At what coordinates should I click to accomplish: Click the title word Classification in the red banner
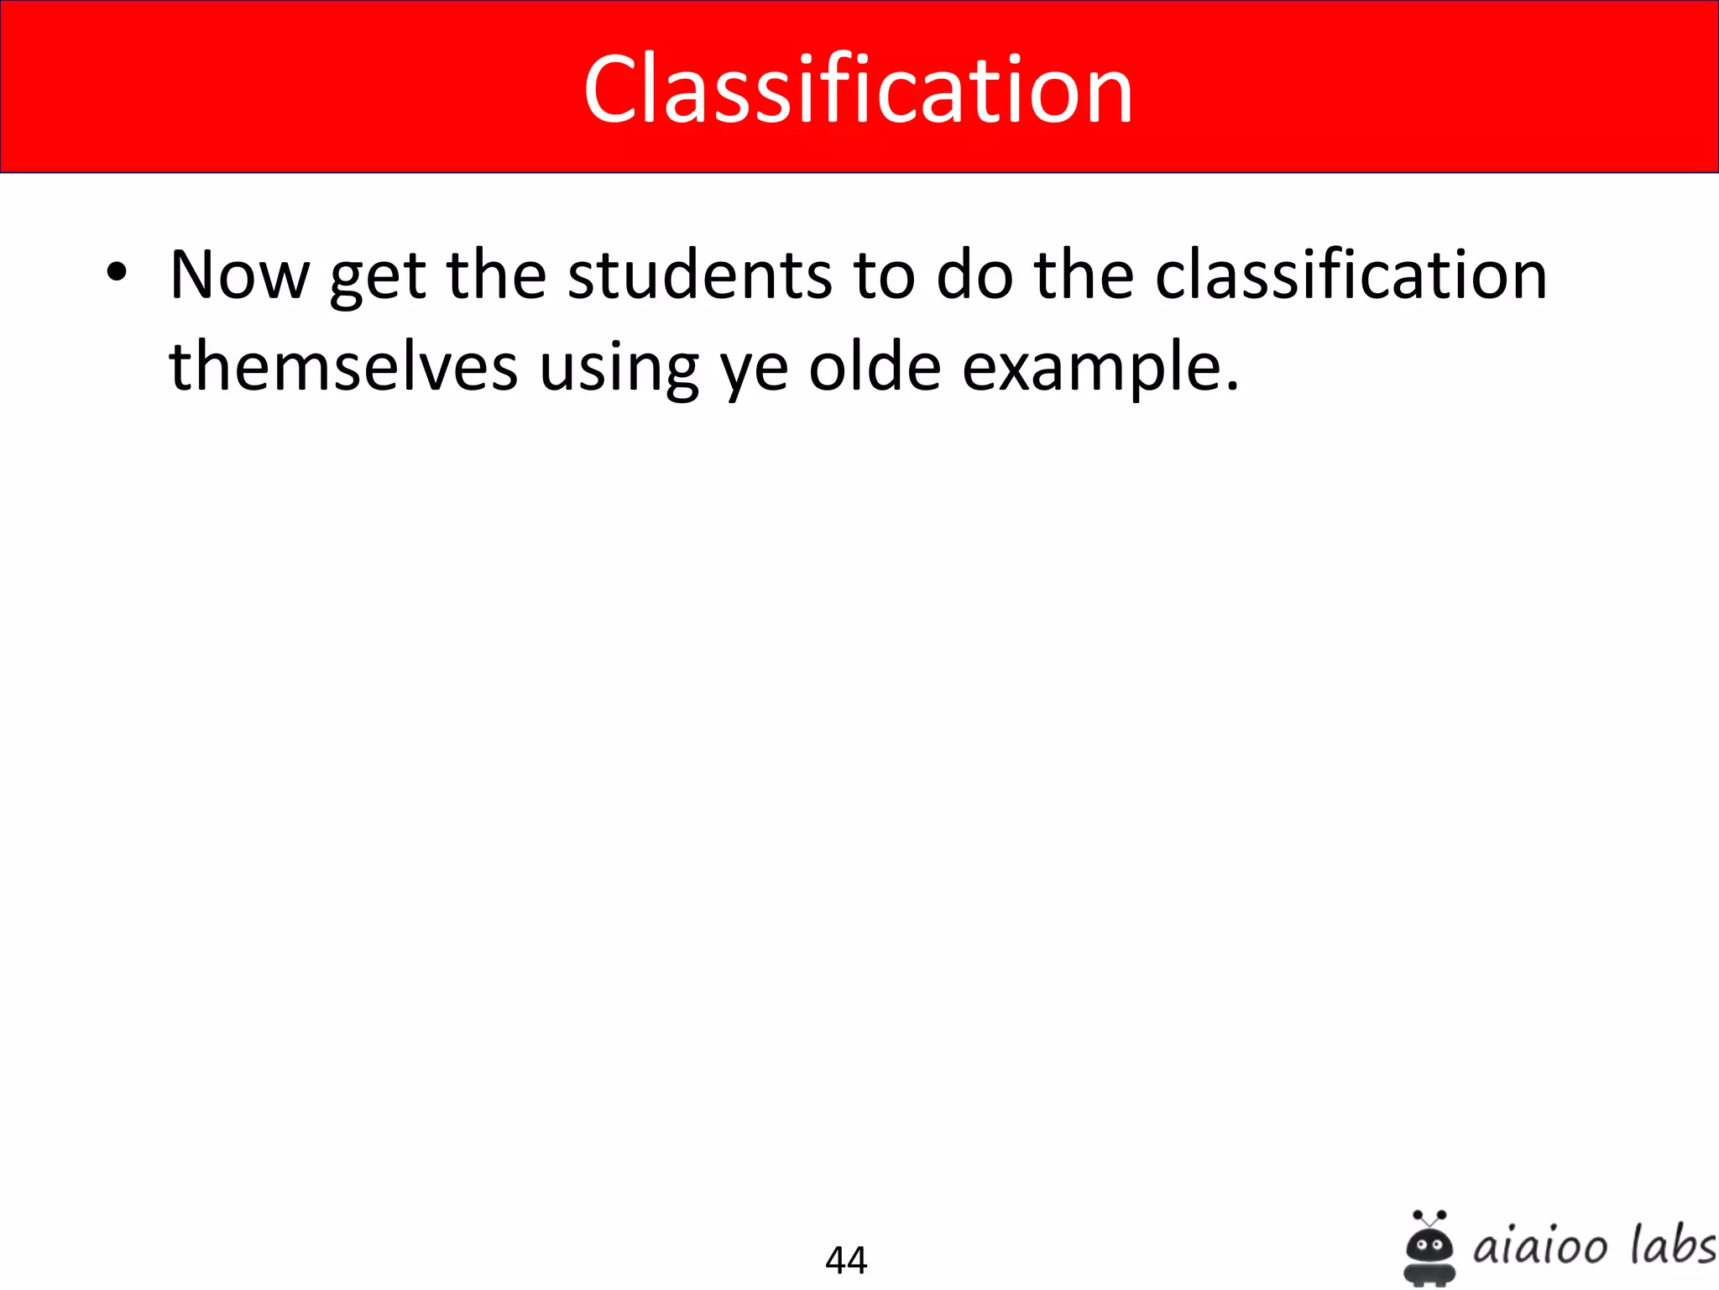[x=858, y=89]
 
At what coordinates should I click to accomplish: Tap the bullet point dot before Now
[x=117, y=273]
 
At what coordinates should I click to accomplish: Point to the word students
[x=700, y=275]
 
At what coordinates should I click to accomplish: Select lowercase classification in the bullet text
[x=1351, y=275]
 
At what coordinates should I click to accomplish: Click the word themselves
[x=343, y=367]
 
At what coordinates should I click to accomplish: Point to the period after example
[x=1231, y=387]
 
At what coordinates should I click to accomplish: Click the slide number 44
[x=846, y=1260]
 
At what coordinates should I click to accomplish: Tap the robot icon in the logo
[x=1429, y=1248]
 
